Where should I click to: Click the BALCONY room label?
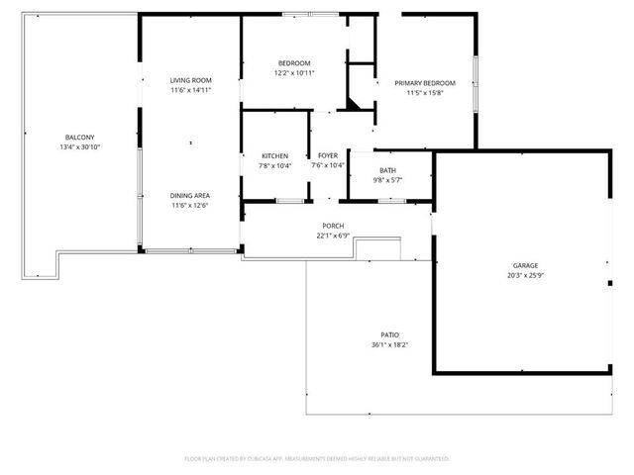(x=80, y=137)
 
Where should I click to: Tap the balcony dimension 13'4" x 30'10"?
(x=80, y=146)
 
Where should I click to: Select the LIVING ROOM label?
(x=190, y=80)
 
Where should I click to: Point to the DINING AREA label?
(x=190, y=195)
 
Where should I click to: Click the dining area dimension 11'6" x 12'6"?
(x=190, y=206)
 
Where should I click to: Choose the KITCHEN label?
(x=274, y=156)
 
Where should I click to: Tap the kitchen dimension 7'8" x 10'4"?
(x=274, y=166)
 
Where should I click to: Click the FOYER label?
(x=328, y=156)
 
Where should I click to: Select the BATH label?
(x=387, y=170)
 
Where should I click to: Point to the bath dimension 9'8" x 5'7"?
(x=387, y=180)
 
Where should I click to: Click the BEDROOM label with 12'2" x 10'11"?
(x=294, y=63)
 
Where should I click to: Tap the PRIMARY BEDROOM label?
(x=425, y=83)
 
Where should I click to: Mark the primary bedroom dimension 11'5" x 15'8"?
(x=425, y=93)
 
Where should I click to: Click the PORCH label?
(x=333, y=226)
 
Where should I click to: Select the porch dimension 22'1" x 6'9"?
(x=333, y=236)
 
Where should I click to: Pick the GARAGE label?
(x=525, y=266)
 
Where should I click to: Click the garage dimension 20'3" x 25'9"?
(x=525, y=276)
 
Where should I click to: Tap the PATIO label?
(x=390, y=334)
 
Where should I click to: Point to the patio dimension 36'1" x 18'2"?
(x=390, y=344)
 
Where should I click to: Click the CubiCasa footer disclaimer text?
(x=317, y=459)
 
